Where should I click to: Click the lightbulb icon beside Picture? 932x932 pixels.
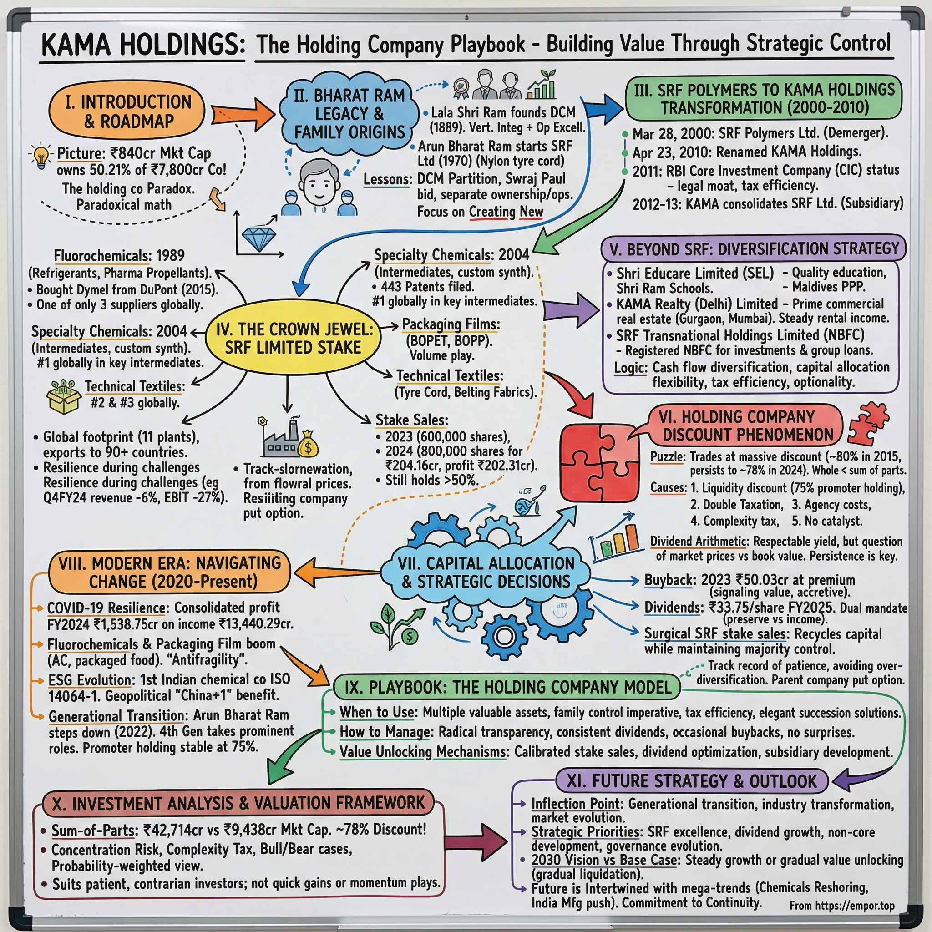click(x=42, y=156)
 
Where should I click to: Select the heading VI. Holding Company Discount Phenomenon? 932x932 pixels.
click(x=747, y=425)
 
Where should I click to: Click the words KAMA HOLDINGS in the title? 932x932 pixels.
click(x=143, y=46)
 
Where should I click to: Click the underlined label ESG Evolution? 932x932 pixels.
click(x=91, y=680)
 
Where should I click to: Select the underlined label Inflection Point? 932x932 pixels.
click(x=575, y=804)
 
